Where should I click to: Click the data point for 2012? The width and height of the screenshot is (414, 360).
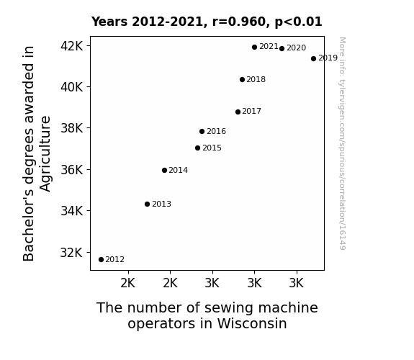(x=101, y=260)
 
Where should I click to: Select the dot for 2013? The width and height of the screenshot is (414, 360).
(x=148, y=204)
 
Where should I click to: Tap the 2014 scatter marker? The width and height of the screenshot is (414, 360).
(x=164, y=171)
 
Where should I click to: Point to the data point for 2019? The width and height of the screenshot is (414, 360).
(x=313, y=58)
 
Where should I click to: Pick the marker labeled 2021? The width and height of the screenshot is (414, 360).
(x=254, y=48)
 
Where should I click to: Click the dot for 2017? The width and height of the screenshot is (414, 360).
(x=238, y=112)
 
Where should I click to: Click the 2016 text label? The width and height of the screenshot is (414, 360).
(x=216, y=131)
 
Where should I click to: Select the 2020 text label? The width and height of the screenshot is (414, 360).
(x=296, y=48)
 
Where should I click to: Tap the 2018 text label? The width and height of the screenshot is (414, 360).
(x=256, y=79)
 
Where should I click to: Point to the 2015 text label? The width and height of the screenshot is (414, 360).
(x=212, y=148)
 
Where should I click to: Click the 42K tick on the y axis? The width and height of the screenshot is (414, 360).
(x=72, y=46)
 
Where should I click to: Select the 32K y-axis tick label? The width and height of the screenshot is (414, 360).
(x=72, y=253)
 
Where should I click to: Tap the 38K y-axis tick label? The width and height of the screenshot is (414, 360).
(x=72, y=128)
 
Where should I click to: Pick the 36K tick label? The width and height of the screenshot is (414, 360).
(x=72, y=169)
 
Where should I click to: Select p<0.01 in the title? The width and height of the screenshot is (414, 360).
(x=298, y=22)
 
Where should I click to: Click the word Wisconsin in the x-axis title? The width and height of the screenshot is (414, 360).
(x=252, y=323)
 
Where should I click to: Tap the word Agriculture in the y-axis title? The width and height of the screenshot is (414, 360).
(x=45, y=154)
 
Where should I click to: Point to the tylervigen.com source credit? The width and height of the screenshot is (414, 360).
(x=342, y=143)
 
